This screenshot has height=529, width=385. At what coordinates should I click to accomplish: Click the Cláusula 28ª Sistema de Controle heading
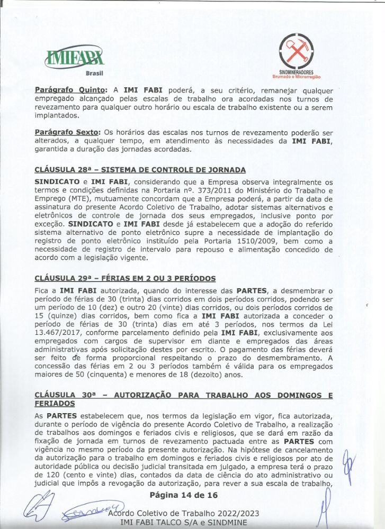pos(140,170)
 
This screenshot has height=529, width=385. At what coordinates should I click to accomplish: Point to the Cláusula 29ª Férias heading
pos(125,278)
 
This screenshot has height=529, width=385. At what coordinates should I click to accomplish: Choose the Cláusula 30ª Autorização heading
pos(184,395)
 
